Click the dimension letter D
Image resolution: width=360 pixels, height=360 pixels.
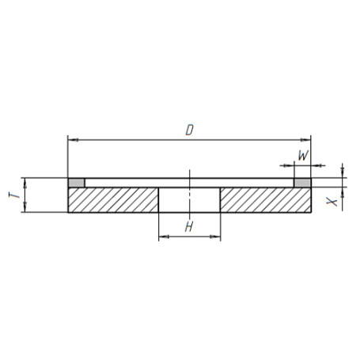coord(190,130)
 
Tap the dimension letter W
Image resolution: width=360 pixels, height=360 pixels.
coord(303,155)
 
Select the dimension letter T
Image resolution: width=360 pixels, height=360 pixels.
coord(14,195)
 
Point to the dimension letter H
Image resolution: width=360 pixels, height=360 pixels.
coord(189,226)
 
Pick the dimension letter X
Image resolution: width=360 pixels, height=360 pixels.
coord(332,203)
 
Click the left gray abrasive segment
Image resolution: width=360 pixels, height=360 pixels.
coord(77,183)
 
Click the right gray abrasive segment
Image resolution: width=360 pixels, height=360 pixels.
coord(302,183)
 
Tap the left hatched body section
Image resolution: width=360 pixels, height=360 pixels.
coord(113,200)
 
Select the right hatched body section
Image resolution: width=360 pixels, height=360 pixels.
coord(266,200)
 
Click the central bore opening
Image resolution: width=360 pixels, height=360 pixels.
coord(189,200)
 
